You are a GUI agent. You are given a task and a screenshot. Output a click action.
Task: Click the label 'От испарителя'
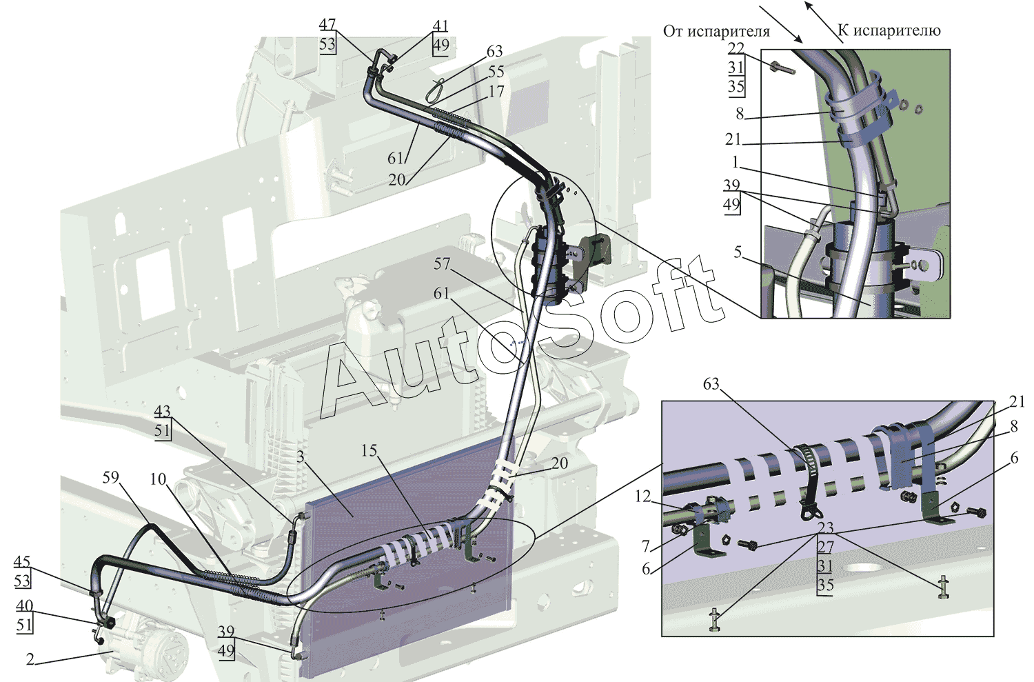(716, 31)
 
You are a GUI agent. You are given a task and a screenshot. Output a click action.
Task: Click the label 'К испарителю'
(889, 30)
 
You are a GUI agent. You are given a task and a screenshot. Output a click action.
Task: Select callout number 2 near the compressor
(30, 659)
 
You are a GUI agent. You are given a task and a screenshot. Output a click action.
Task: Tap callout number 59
(110, 477)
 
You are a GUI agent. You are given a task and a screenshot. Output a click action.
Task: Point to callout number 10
(158, 479)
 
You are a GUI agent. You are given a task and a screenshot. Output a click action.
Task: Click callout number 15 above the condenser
(369, 450)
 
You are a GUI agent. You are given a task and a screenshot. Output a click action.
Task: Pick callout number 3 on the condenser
(301, 456)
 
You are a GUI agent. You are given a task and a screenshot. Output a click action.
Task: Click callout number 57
(442, 263)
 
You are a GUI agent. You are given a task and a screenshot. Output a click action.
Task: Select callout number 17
(496, 90)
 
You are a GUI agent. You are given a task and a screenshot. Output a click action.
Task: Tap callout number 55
(496, 71)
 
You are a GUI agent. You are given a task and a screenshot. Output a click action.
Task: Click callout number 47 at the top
(327, 25)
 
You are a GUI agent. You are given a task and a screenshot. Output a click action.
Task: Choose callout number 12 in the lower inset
(642, 497)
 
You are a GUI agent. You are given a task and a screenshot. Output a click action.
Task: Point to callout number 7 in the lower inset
(646, 546)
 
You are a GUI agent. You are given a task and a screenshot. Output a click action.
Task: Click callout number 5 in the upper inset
(738, 252)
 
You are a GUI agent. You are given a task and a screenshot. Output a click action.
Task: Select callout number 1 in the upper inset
(735, 163)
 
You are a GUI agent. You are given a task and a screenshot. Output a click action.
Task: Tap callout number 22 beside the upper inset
(736, 48)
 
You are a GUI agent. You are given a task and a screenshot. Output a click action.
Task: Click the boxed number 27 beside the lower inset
(825, 547)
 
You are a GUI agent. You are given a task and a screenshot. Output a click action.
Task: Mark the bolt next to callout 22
(782, 68)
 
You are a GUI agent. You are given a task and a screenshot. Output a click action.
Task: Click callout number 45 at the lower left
(22, 562)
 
